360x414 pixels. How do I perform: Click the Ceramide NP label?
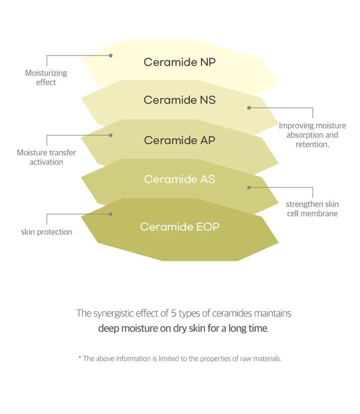tap(180, 62)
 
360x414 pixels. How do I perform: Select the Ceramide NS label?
tap(180, 100)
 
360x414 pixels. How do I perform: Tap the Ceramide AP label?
tap(180, 140)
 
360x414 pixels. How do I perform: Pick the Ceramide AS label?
tap(180, 179)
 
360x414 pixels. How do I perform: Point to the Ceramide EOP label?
tap(180, 227)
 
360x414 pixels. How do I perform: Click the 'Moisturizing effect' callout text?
tap(46, 78)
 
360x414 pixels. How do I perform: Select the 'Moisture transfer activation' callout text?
tap(46, 158)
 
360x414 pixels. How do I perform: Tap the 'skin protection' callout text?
tap(47, 232)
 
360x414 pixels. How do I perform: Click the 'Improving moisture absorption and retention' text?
tap(313, 135)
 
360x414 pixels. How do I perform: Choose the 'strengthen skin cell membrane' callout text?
tap(312, 209)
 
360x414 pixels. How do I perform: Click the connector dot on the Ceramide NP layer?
tap(111, 55)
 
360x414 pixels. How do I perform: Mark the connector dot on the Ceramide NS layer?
tap(249, 108)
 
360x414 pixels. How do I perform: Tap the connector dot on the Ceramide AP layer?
tap(111, 135)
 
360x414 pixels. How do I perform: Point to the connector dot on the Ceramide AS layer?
tap(249, 187)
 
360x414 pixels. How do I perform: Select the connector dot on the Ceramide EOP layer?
tap(111, 214)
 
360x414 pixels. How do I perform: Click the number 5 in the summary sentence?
tap(174, 313)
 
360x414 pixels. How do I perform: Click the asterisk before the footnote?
tap(80, 357)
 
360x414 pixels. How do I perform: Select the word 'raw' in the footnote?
tap(246, 359)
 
